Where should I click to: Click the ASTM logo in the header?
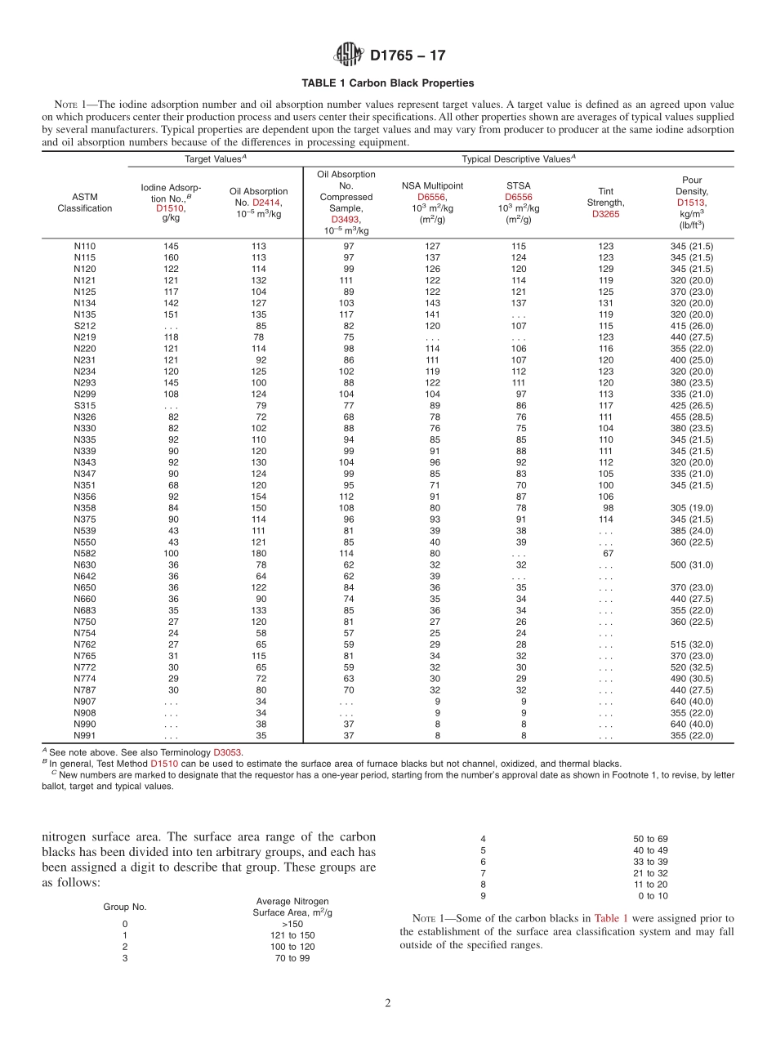(348, 56)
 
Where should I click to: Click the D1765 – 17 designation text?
(408, 56)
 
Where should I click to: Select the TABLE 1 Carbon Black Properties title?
(387, 83)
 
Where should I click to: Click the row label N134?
(84, 303)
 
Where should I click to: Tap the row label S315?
(84, 405)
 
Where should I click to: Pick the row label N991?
(84, 735)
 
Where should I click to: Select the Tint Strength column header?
(605, 203)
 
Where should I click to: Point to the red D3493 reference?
(346, 220)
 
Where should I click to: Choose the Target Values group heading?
(216, 159)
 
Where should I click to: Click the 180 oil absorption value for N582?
(258, 553)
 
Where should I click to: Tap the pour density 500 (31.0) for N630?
(691, 564)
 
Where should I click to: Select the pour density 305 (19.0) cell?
(691, 507)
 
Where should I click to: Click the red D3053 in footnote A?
(227, 752)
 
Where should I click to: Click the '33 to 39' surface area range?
(650, 862)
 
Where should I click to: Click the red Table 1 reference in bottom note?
(611, 918)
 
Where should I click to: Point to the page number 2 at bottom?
(388, 1003)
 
